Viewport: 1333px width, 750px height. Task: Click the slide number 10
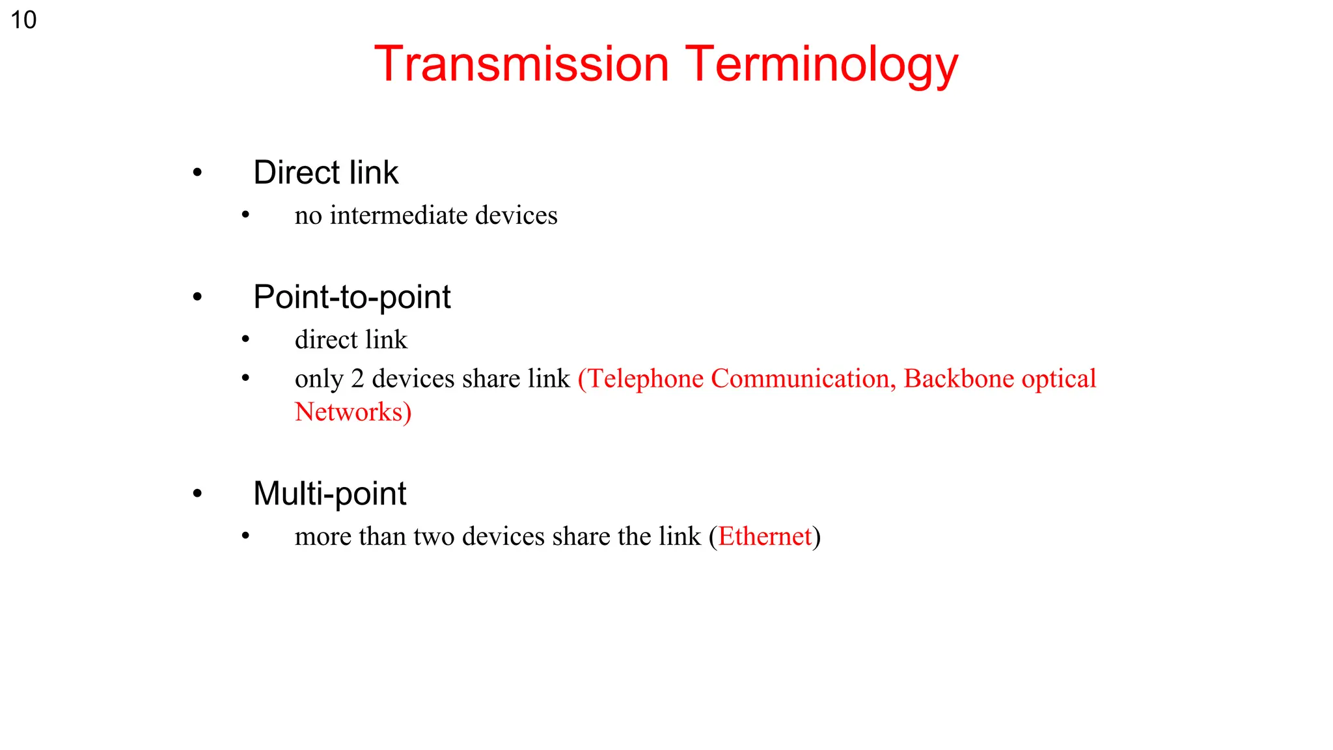click(x=23, y=20)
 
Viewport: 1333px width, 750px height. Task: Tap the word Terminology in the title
click(x=821, y=65)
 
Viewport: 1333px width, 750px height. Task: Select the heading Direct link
click(x=325, y=173)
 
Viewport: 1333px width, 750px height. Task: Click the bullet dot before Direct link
click(x=197, y=173)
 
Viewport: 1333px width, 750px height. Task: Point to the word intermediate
click(x=398, y=215)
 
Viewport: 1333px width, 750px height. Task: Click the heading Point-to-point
click(x=351, y=297)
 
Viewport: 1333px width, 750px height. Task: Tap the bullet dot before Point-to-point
click(x=197, y=298)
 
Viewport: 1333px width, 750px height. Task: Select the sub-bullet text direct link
click(x=351, y=339)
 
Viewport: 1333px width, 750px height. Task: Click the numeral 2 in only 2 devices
click(x=357, y=379)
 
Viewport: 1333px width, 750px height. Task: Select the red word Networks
click(x=349, y=412)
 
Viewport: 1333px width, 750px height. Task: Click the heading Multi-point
click(x=329, y=493)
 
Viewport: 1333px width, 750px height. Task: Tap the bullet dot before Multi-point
click(x=197, y=494)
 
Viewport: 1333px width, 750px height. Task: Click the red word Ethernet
click(x=765, y=536)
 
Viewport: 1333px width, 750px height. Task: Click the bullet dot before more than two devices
click(x=245, y=536)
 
